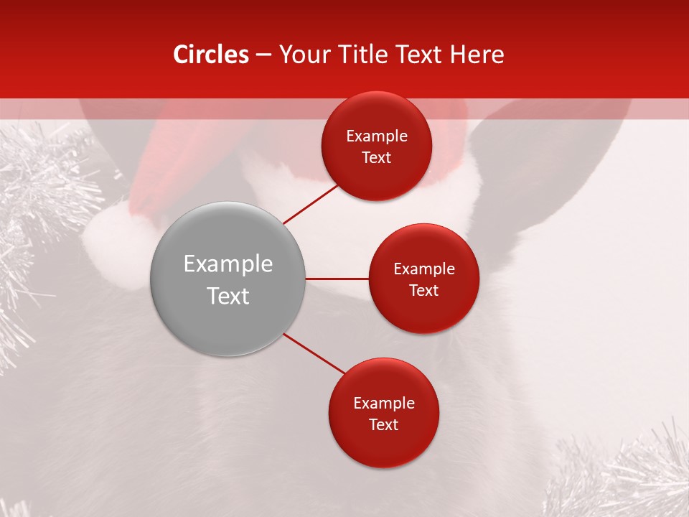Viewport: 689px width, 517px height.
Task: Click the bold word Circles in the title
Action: (x=210, y=55)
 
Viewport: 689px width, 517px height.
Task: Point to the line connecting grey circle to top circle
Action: (x=311, y=204)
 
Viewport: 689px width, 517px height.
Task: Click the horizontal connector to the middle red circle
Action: (x=337, y=279)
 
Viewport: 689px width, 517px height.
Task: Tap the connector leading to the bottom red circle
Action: (x=314, y=353)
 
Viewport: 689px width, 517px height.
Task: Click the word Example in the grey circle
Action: (x=228, y=264)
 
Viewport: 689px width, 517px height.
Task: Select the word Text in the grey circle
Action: (x=228, y=296)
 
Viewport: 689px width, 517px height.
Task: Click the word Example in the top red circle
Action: (x=376, y=136)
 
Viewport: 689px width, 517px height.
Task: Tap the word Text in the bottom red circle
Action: (x=383, y=424)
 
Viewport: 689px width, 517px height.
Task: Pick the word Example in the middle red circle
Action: (x=423, y=269)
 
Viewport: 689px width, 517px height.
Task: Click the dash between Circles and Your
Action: (x=263, y=55)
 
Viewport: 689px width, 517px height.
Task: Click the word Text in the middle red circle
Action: (x=423, y=290)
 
